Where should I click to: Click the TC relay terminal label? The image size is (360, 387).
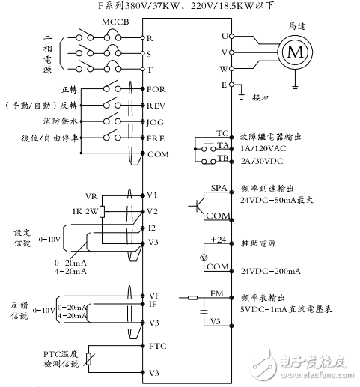[222, 131]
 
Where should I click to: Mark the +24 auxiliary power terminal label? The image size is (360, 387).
[218, 240]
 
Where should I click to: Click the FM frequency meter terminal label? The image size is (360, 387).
[217, 294]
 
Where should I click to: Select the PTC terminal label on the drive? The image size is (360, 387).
[156, 346]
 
